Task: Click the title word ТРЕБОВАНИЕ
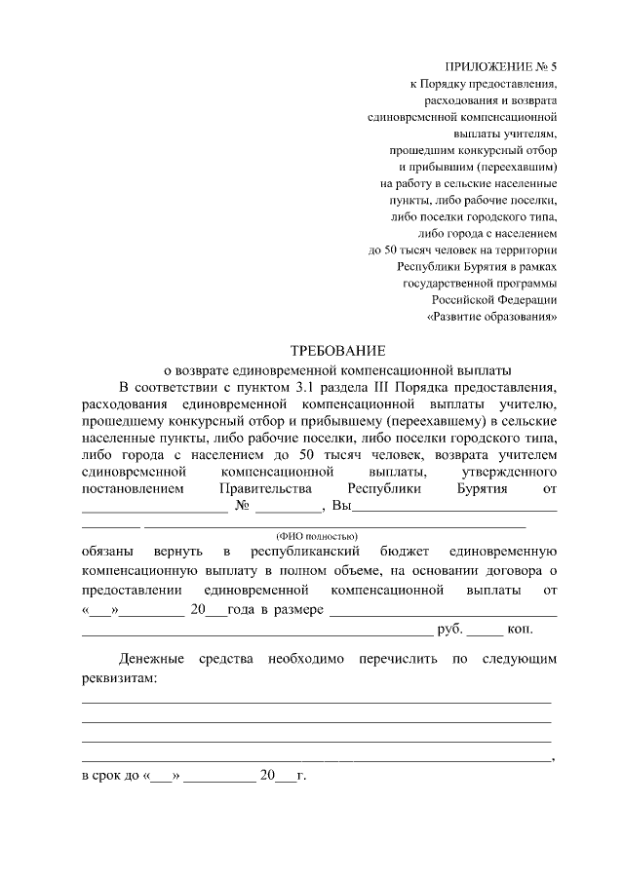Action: coord(339,350)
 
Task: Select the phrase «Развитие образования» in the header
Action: coord(492,317)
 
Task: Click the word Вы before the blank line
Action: coord(340,505)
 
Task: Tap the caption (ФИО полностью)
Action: coord(318,536)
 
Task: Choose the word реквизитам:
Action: coord(119,678)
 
